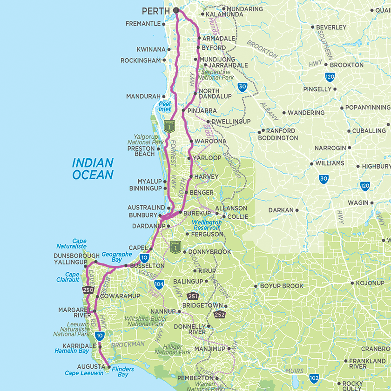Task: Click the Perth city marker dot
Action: [x=176, y=10]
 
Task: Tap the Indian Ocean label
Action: [x=93, y=169]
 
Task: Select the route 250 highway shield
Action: [x=88, y=290]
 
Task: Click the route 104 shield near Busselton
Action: [x=159, y=284]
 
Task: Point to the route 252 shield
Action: [x=220, y=315]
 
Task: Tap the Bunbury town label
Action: [x=143, y=216]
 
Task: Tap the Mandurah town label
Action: [x=143, y=97]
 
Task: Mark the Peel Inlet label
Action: [x=165, y=106]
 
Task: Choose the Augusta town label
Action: [x=91, y=367]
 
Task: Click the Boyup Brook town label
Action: [x=282, y=286]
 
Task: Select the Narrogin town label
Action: [x=330, y=148]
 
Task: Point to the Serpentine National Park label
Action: [x=217, y=75]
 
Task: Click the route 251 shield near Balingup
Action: [x=193, y=296]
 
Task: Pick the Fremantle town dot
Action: [x=164, y=24]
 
